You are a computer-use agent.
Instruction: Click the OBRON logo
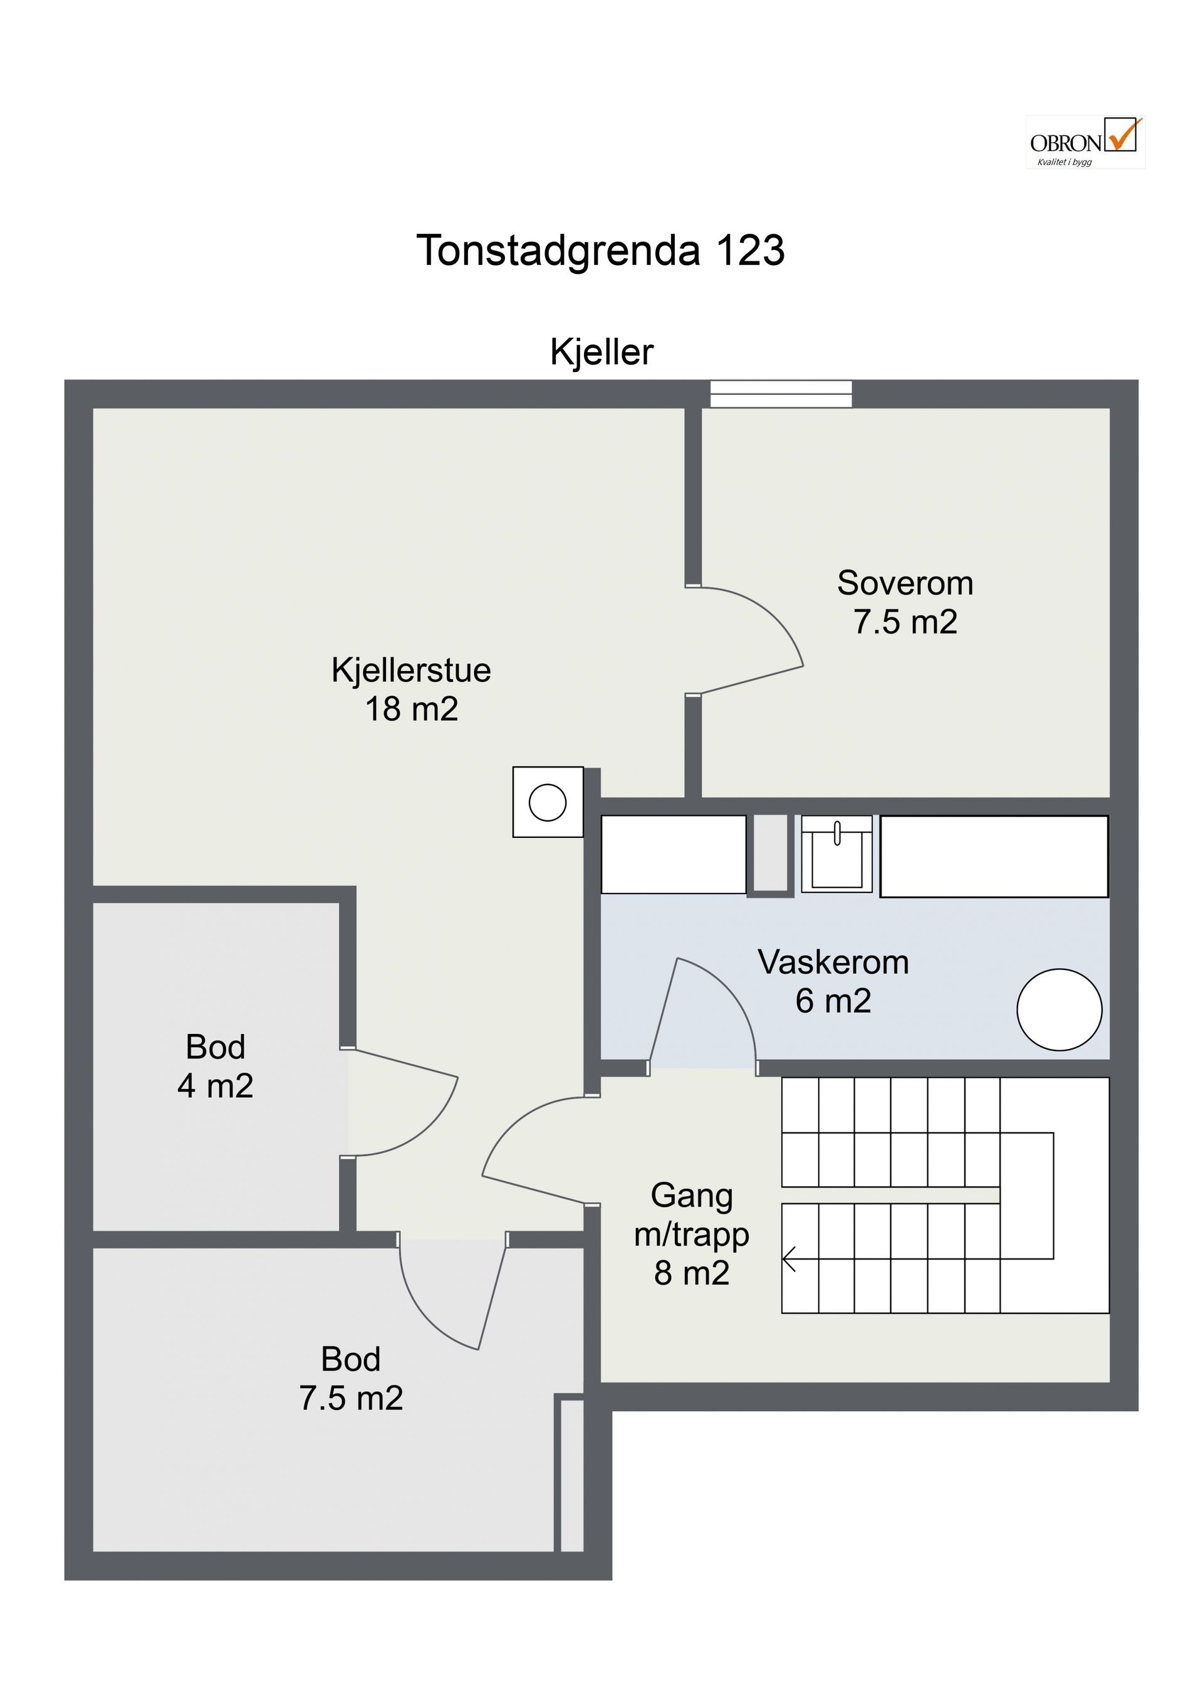click(1085, 142)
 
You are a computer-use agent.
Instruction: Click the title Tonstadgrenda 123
click(600, 250)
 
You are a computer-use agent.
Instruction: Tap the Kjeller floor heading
click(601, 352)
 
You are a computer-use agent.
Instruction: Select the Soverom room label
click(905, 602)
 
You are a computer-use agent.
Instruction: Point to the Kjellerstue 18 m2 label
click(412, 689)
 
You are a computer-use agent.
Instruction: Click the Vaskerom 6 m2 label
click(833, 981)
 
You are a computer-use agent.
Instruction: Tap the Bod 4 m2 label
click(216, 1066)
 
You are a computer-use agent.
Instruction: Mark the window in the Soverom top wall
click(781, 394)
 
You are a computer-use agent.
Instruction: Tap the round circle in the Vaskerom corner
click(1059, 1010)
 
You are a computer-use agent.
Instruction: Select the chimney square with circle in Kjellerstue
click(548, 802)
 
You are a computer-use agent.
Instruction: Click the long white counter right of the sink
click(994, 856)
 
